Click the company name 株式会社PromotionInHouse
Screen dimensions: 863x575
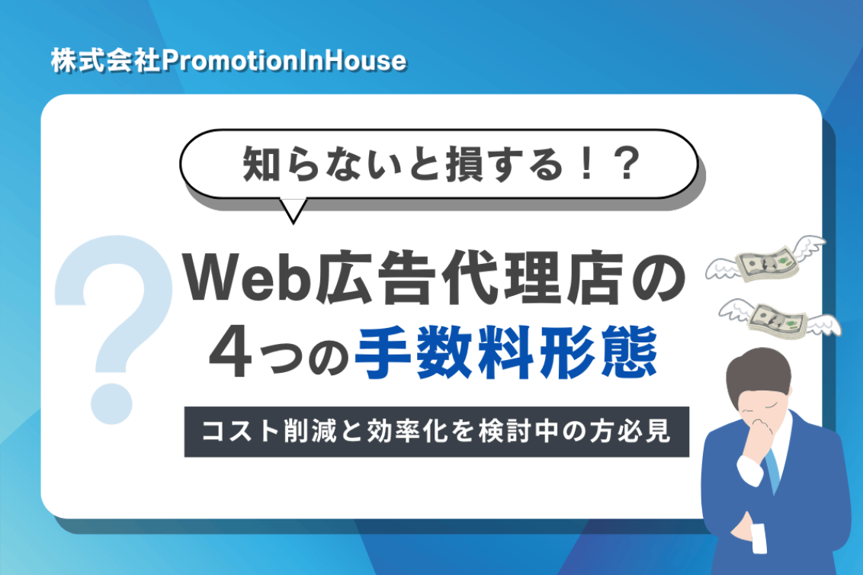pos(229,60)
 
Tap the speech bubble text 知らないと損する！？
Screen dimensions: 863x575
pos(441,163)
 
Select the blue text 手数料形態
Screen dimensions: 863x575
pos(506,352)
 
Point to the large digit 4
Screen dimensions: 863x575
pos(230,352)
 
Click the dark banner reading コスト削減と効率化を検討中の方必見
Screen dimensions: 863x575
pos(436,432)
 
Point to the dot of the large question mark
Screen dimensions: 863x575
pos(112,403)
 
